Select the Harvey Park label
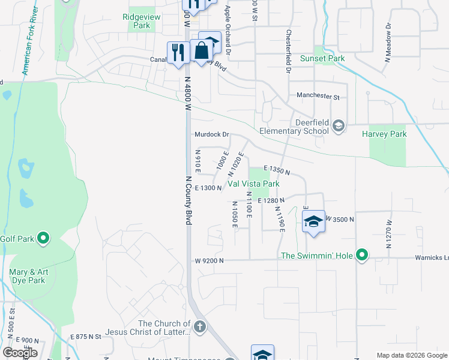pyautogui.click(x=384, y=134)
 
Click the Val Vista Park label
pyautogui.click(x=253, y=184)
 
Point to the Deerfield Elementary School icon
pyautogui.click(x=339, y=125)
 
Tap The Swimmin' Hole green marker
pyautogui.click(x=361, y=256)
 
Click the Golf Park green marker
pyautogui.click(x=43, y=239)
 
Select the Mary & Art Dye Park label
pyautogui.click(x=27, y=276)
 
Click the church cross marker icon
pyautogui.click(x=200, y=328)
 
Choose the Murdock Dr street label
pyautogui.click(x=212, y=134)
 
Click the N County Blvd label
pyautogui.click(x=188, y=200)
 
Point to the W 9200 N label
pyautogui.click(x=209, y=260)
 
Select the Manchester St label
pyautogui.click(x=318, y=96)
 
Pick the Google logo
pyautogui.click(x=20, y=352)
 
